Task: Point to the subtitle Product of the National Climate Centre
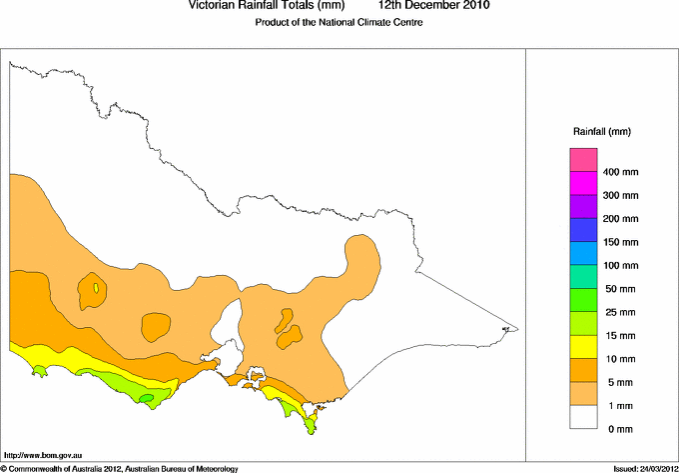(x=339, y=23)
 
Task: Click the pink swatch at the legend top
(x=583, y=160)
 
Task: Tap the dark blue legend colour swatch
(x=583, y=230)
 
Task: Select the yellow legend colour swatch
(x=583, y=347)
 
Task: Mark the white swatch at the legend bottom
(x=583, y=417)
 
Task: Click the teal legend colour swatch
(x=583, y=277)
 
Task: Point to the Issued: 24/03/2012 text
(x=645, y=468)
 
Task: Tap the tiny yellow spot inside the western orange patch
(x=96, y=288)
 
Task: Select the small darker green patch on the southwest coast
(x=147, y=399)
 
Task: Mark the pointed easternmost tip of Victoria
(x=516, y=328)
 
